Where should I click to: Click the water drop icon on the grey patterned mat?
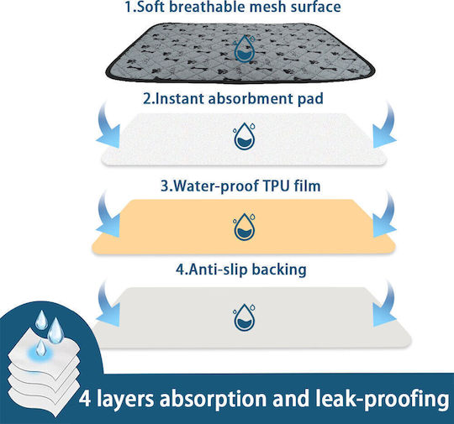244,49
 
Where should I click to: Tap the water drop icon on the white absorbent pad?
244,136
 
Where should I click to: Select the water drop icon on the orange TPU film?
244,227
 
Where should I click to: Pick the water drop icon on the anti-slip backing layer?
244,317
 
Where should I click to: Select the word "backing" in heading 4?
279,270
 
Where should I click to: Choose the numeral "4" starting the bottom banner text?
85,399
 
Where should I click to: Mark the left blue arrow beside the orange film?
108,216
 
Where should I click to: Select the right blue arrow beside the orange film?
384,216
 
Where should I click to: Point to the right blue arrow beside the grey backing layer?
384,305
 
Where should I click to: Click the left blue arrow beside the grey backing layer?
108,305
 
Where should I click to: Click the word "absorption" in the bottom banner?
213,400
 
